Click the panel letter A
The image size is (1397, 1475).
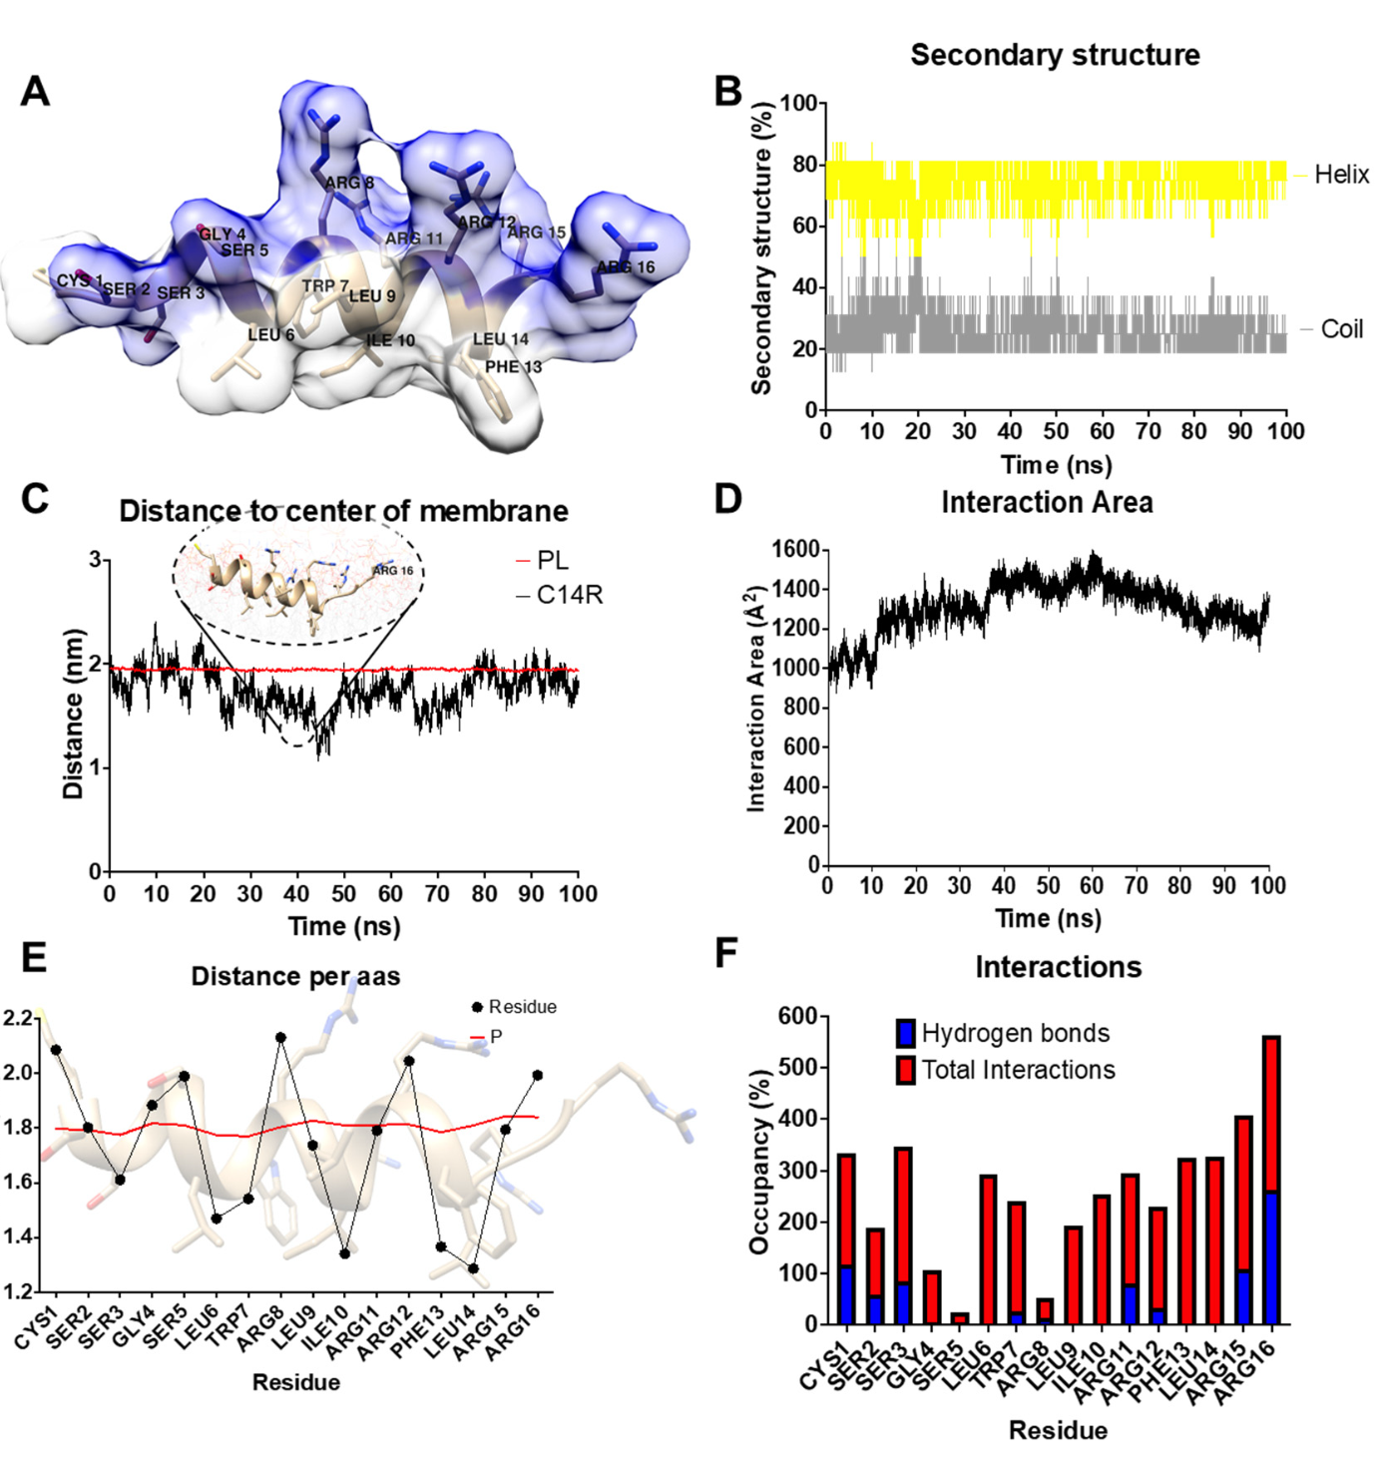click(x=35, y=91)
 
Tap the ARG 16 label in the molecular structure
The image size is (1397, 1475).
click(x=626, y=266)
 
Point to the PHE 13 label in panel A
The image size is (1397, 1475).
click(x=513, y=366)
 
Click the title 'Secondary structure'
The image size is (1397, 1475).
click(x=1055, y=55)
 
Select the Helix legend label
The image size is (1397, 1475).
click(x=1341, y=175)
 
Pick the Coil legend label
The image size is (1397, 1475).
click(x=1341, y=329)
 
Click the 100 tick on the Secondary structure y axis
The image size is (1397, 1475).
click(x=798, y=103)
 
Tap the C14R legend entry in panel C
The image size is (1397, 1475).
click(x=569, y=595)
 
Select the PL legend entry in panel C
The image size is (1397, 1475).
click(x=552, y=561)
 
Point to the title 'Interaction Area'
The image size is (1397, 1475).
click(x=1047, y=502)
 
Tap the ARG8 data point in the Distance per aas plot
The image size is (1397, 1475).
click(x=281, y=1038)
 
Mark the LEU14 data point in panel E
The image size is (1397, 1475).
click(x=473, y=1268)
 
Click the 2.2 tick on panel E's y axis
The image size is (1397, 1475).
click(x=18, y=1018)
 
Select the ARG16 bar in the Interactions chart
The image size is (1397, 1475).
click(x=1271, y=1181)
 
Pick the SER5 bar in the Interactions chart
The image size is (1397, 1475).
click(x=959, y=1318)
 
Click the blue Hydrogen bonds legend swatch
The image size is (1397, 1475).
click(x=906, y=1033)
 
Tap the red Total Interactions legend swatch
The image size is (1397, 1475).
click(x=906, y=1070)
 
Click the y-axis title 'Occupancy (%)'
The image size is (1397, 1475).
click(x=759, y=1162)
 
